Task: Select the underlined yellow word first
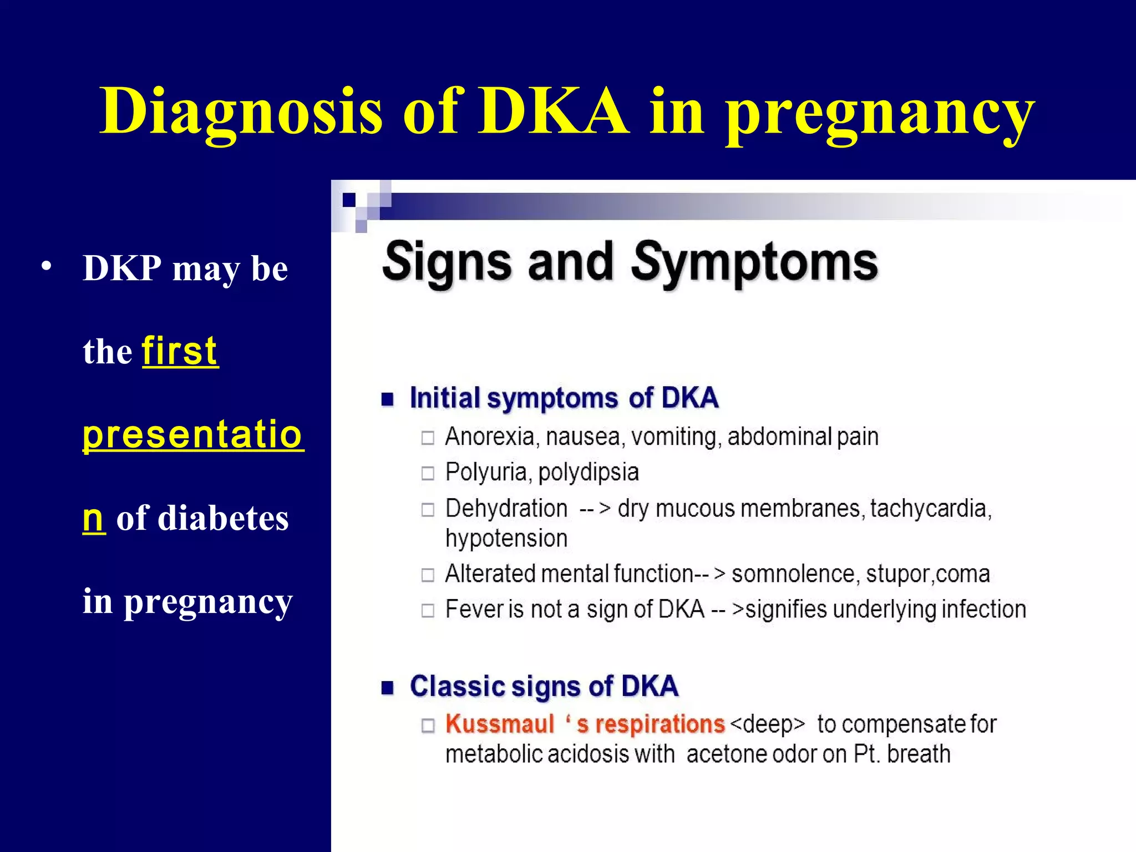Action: (180, 351)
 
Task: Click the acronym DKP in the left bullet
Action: (122, 268)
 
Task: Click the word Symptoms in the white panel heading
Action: (754, 263)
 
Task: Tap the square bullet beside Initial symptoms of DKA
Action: (387, 399)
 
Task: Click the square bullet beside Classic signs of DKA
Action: (387, 688)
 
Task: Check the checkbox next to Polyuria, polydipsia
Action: (428, 473)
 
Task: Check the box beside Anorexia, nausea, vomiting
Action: (428, 438)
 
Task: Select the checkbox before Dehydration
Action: (428, 509)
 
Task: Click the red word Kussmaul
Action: (500, 724)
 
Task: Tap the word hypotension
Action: (506, 539)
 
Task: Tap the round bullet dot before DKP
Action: (47, 266)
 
